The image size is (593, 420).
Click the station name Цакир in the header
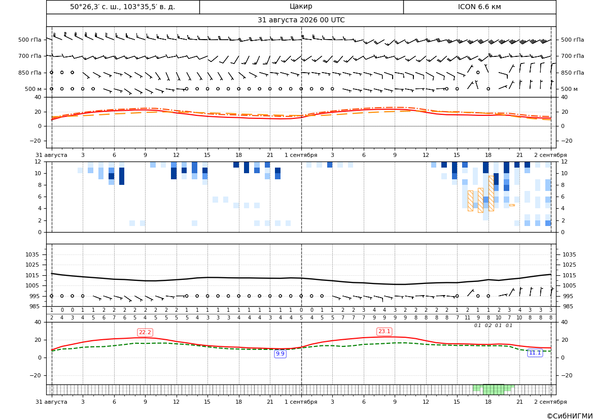(301, 7)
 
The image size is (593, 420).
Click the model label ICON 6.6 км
(479, 7)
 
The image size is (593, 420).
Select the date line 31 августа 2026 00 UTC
(301, 20)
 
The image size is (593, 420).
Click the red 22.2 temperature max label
(145, 333)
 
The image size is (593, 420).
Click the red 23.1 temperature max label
(384, 332)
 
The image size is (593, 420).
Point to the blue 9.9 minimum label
(280, 353)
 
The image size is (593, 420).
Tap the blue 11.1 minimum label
(535, 352)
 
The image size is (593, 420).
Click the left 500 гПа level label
(30, 40)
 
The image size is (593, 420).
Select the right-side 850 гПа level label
(573, 73)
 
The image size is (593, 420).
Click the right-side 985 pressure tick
(569, 306)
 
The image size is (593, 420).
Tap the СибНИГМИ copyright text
(570, 416)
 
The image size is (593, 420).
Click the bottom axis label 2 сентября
(550, 402)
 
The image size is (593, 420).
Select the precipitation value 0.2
(488, 326)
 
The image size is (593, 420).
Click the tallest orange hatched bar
(491, 193)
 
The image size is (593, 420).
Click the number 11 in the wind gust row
(467, 318)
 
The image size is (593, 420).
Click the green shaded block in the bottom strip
(494, 389)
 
